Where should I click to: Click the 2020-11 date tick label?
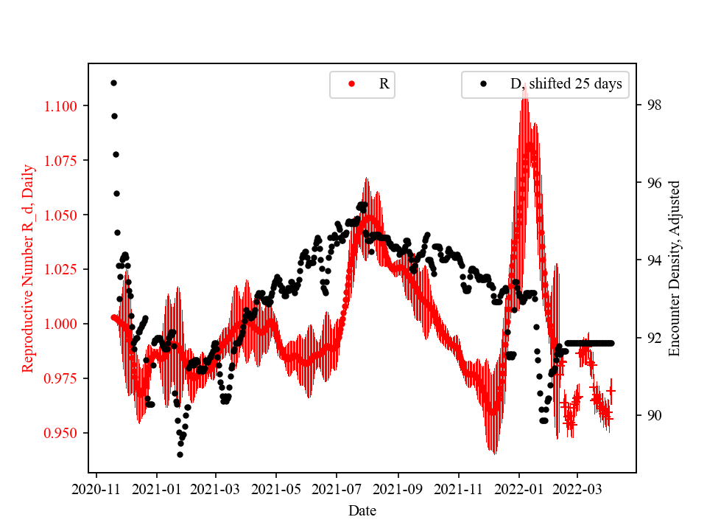coord(96,488)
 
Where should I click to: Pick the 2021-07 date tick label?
coord(337,488)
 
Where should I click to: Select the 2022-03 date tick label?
coord(577,488)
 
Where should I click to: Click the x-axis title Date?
coord(362,510)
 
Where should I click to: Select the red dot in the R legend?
coord(351,84)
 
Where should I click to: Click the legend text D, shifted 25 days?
coord(566,84)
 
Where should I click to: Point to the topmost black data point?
coord(113,83)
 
